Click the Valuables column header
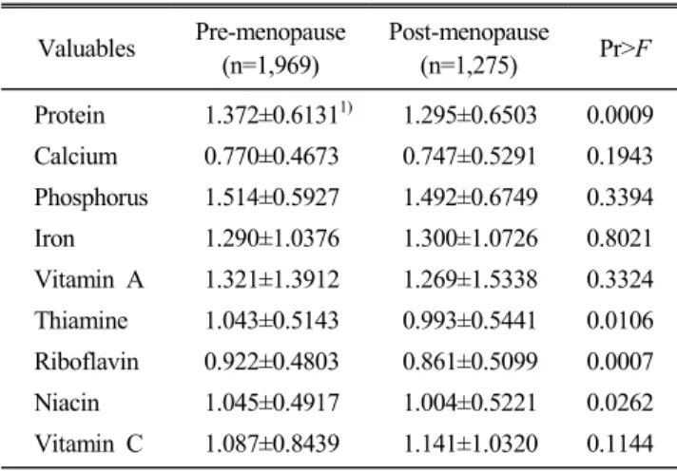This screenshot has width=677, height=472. (x=87, y=48)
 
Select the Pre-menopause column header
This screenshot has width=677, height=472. (x=271, y=48)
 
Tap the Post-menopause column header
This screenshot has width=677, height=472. (x=469, y=48)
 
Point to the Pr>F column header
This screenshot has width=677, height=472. (x=625, y=48)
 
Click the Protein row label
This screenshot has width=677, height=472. (x=69, y=115)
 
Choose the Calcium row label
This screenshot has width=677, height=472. (x=75, y=156)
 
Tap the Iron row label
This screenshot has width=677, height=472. (x=54, y=238)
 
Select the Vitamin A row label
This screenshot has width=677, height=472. (x=89, y=279)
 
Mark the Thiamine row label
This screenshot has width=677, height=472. (x=81, y=321)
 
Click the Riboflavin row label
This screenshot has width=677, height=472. (x=87, y=362)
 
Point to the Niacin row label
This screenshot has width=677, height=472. (x=67, y=403)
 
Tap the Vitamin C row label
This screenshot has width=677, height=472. (x=88, y=444)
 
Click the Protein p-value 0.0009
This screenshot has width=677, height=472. (x=620, y=115)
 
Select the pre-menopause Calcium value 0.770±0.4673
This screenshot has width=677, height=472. (x=271, y=156)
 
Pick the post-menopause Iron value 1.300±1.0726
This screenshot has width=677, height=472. (x=470, y=238)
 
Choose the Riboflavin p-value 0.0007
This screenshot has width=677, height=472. (x=620, y=362)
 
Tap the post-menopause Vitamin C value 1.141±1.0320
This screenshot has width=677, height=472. (x=470, y=444)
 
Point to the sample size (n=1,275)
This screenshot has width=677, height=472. (x=469, y=66)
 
